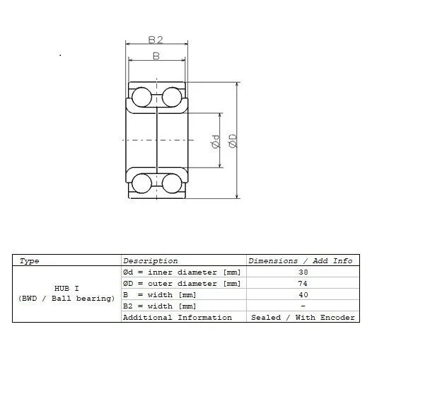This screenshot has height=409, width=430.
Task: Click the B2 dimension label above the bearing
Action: click(156, 40)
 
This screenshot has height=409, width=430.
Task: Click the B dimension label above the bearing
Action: click(156, 56)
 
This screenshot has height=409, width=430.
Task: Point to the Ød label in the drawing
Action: click(216, 142)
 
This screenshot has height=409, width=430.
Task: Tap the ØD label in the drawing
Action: click(233, 141)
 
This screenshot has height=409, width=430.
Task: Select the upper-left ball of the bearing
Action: click(141, 97)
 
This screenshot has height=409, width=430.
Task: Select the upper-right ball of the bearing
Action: click(172, 97)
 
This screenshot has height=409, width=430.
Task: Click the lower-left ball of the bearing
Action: click(141, 183)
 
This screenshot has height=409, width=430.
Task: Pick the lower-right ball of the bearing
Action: click(172, 183)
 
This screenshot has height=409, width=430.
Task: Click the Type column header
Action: click(29, 261)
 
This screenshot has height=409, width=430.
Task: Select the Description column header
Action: click(150, 260)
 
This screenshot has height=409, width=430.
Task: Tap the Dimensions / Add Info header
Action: click(301, 260)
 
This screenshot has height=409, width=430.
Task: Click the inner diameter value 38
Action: click(303, 272)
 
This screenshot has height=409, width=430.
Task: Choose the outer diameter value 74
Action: click(303, 283)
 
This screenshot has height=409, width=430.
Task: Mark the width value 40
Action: click(303, 294)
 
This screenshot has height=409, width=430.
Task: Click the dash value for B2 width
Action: click(303, 306)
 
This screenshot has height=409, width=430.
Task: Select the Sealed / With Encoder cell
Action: click(303, 318)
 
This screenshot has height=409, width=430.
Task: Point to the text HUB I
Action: click(66, 288)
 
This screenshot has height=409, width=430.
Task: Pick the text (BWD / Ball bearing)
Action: click(66, 299)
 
